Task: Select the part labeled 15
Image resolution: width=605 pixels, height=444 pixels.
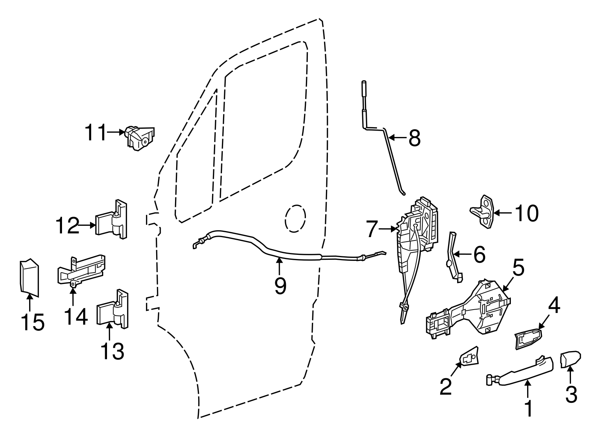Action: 29,276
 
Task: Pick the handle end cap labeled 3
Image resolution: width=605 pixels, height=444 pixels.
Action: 570,359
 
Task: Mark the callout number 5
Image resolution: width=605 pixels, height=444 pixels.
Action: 518,268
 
